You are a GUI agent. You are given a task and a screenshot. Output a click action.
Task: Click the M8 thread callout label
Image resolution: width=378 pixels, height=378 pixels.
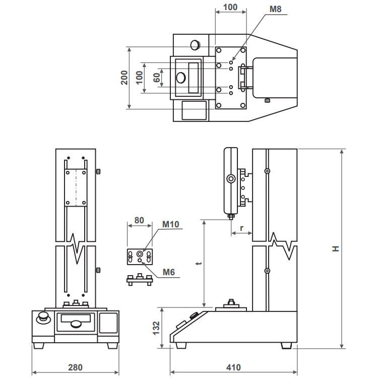[275, 9]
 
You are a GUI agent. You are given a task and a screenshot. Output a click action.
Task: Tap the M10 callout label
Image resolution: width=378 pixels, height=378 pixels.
[171, 224]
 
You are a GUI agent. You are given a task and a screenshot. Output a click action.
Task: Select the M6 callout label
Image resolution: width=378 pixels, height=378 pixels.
[168, 272]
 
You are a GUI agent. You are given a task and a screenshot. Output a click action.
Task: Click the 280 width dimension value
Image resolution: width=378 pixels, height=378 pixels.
[75, 367]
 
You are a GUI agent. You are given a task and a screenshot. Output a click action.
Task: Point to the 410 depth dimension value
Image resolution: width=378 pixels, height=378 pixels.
[233, 367]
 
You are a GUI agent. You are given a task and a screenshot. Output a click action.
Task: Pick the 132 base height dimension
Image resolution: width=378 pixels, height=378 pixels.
[156, 328]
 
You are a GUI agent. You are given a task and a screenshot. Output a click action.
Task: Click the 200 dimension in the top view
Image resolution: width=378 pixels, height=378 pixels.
[124, 78]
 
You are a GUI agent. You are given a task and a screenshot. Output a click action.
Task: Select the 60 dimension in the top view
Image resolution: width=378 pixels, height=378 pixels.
[156, 78]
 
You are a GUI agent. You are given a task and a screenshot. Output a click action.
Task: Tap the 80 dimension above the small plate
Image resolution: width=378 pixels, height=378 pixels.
[139, 220]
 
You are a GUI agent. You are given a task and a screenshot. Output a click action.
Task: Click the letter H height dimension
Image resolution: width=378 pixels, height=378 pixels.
[336, 249]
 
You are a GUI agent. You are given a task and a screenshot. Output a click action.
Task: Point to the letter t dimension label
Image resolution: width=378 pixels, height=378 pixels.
[199, 263]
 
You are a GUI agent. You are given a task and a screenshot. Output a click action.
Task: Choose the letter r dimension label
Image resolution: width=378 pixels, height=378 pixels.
[241, 228]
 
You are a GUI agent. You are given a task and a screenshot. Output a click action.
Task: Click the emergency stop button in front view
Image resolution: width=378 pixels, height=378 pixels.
[43, 318]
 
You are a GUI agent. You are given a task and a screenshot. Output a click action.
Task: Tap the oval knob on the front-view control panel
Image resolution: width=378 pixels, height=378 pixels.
[76, 324]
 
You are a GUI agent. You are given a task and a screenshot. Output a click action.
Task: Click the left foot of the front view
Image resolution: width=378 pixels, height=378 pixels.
[39, 346]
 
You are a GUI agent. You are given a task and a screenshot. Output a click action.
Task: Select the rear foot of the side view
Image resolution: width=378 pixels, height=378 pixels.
[286, 346]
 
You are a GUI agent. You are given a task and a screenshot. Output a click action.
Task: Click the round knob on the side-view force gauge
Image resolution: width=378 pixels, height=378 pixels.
[231, 179]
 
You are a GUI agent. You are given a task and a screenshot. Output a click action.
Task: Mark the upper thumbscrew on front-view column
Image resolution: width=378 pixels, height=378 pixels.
[98, 172]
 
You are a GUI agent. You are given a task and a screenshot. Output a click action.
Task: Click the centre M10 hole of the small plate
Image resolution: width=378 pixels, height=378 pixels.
[140, 254]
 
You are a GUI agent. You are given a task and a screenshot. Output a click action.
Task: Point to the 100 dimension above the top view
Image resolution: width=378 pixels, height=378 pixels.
[230, 7]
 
